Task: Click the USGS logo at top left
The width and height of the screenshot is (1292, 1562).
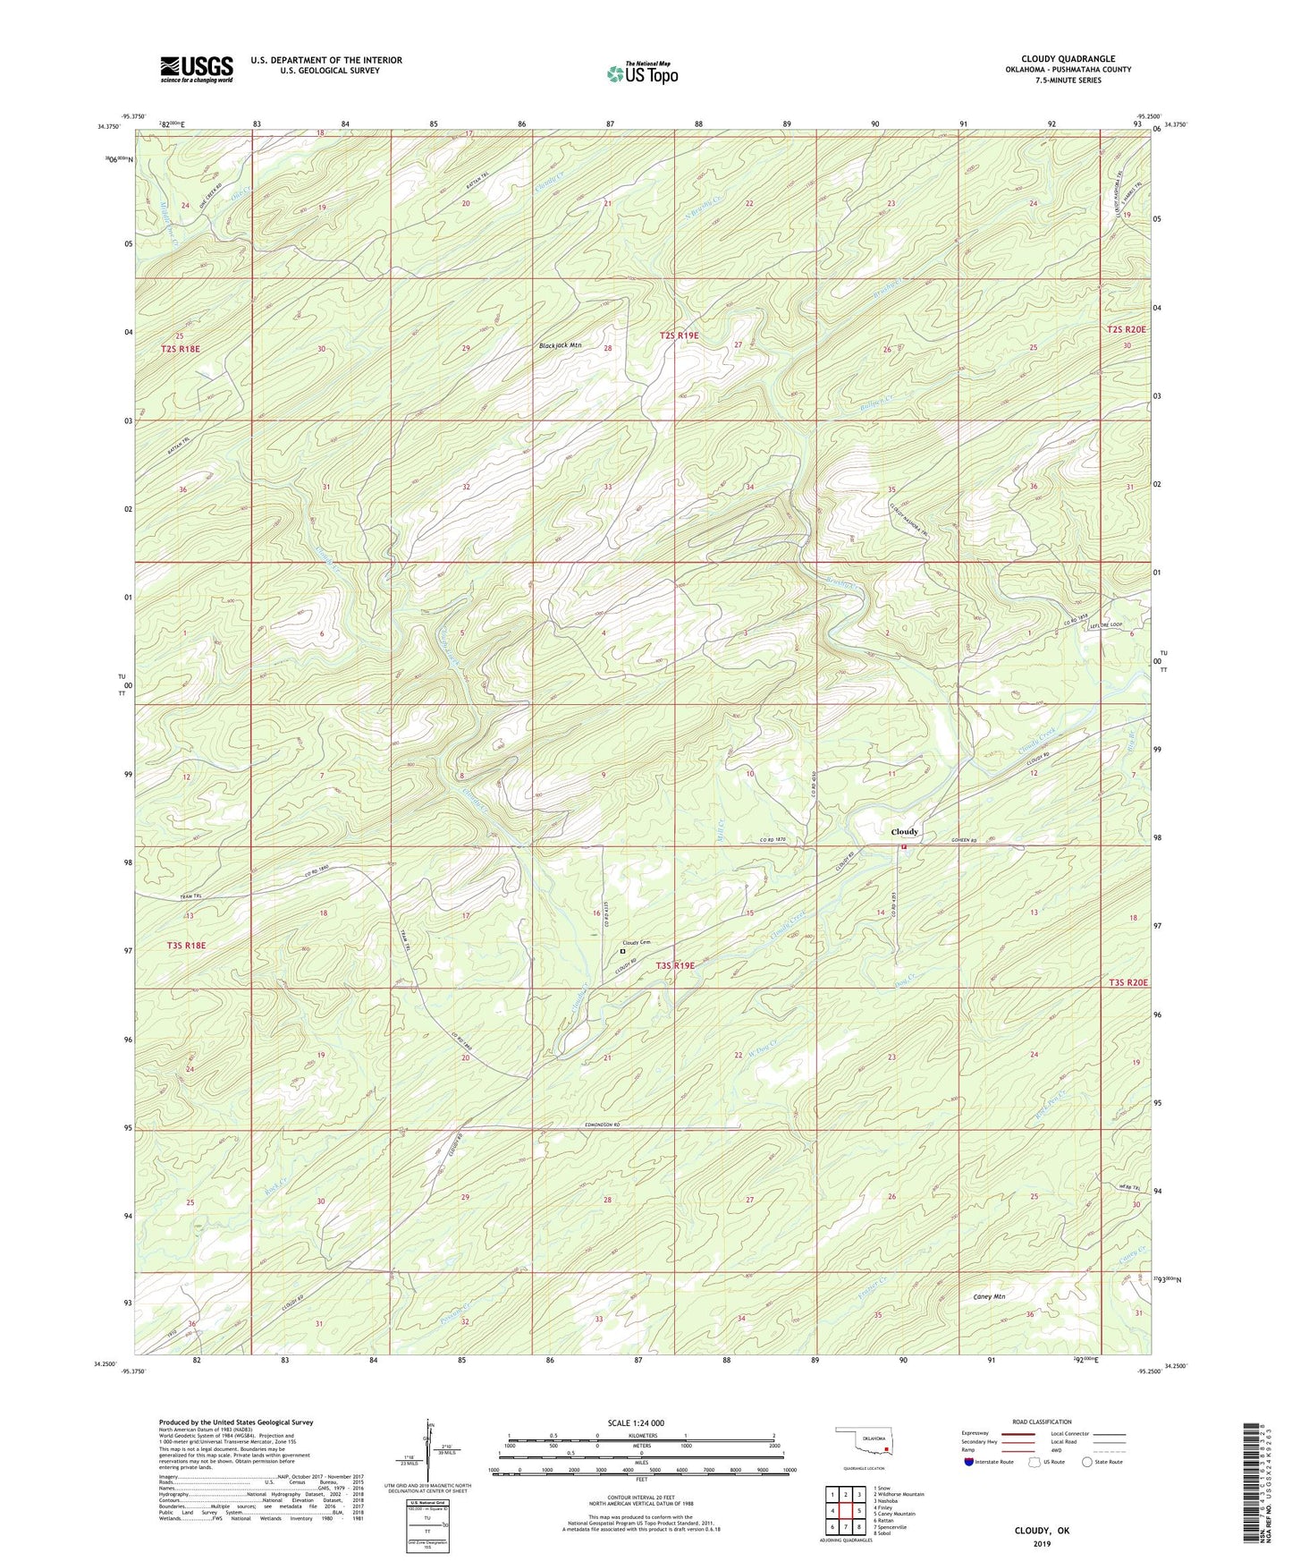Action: click(196, 69)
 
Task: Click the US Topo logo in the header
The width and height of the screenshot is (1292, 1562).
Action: click(642, 73)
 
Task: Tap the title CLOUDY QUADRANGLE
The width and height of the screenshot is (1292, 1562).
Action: click(1068, 59)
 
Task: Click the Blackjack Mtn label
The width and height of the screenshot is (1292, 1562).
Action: click(560, 345)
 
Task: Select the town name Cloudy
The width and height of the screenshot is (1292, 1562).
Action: click(904, 832)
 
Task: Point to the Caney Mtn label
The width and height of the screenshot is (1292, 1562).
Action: click(989, 1296)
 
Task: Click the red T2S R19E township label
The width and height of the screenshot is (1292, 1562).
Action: click(680, 335)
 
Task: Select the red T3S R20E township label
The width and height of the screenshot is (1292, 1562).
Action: click(1127, 983)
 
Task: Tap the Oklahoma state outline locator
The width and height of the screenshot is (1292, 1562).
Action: click(862, 1443)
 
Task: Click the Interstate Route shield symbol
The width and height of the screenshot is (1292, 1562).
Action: click(968, 1462)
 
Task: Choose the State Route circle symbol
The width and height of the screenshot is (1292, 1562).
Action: click(1086, 1462)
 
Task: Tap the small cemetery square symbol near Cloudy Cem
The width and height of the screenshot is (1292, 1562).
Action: click(622, 952)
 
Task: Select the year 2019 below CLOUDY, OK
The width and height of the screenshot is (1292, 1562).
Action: click(1042, 1543)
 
